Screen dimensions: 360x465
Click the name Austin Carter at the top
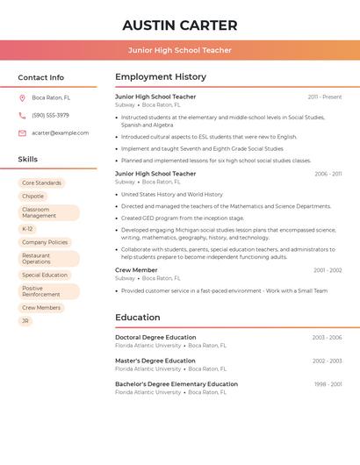tap(180, 25)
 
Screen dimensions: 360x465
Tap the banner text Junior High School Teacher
tap(180, 50)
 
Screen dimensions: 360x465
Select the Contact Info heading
tap(41, 77)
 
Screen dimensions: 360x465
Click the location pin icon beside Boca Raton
tap(22, 97)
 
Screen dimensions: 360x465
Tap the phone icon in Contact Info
tap(22, 115)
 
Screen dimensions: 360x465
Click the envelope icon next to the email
tap(22, 133)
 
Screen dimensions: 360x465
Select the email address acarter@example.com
tap(60, 133)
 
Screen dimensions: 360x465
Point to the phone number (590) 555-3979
tap(50, 115)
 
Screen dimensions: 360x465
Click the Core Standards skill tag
tap(41, 182)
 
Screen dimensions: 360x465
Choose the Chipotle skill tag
tap(32, 197)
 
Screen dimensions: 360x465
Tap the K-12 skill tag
tap(27, 229)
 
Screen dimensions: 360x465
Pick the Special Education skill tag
tap(45, 275)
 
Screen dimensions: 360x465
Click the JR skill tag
tap(25, 321)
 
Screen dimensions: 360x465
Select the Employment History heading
tap(161, 77)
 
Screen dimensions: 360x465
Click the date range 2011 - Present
tap(325, 97)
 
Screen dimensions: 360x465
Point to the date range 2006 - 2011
tap(328, 174)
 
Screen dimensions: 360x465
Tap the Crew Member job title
tap(136, 270)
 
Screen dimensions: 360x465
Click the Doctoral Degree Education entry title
tap(155, 337)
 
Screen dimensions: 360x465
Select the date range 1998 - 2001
tap(328, 383)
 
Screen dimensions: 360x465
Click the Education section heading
tap(138, 318)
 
